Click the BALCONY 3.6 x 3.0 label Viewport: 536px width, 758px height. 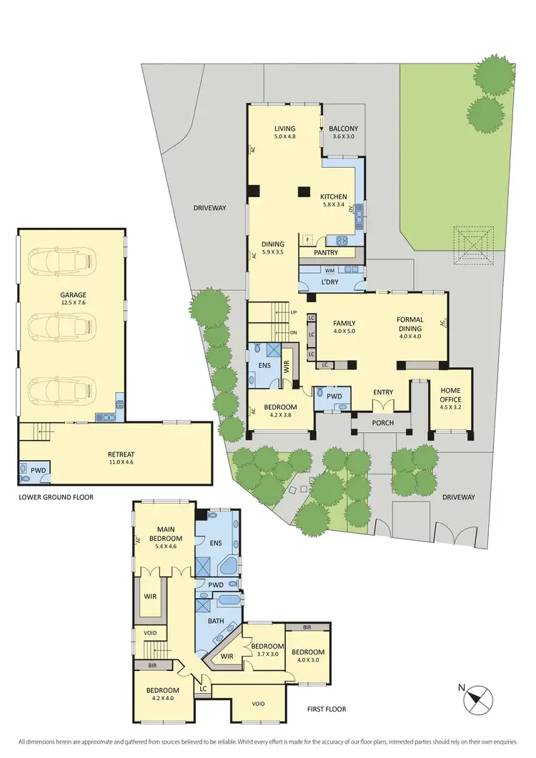click(343, 132)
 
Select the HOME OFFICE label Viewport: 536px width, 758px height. click(450, 394)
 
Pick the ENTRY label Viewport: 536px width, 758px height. click(384, 392)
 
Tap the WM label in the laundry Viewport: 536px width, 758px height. click(329, 271)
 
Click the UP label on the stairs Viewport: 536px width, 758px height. click(293, 312)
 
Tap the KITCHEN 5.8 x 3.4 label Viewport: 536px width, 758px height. click(333, 200)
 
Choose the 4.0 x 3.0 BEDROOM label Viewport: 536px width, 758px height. click(308, 656)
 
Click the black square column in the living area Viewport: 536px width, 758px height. click(304, 191)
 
